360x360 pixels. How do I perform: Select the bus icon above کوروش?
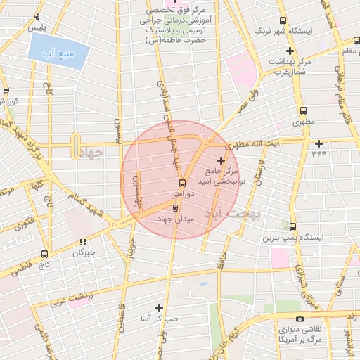pos(6,91)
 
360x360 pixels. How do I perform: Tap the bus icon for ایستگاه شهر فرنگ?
pos(283,21)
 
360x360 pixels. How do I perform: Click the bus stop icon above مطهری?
pos(303,110)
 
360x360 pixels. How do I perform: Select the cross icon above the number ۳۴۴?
pos(319,143)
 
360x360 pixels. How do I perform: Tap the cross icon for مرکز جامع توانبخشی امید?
pos(221,161)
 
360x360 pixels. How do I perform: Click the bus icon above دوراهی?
pos(176,185)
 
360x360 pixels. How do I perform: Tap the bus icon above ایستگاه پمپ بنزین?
pos(293,226)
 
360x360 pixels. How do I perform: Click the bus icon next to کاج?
pos(44,255)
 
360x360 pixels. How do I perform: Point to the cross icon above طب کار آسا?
pos(159,308)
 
